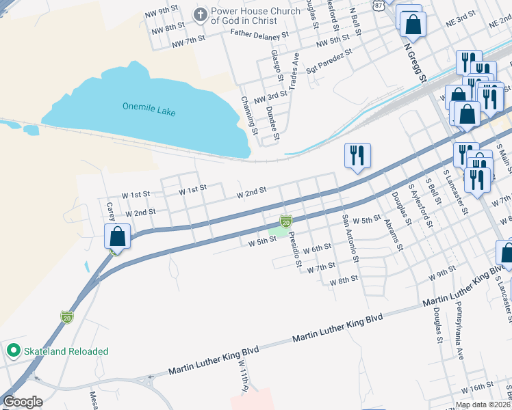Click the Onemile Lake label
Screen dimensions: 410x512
coord(149,107)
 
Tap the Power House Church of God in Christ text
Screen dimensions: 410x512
coord(255,16)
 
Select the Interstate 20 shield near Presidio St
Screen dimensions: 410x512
coord(286,221)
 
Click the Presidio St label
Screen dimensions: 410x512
coord(292,249)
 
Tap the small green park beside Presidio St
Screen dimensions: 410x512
coord(278,232)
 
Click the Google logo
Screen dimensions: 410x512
coord(23,402)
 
